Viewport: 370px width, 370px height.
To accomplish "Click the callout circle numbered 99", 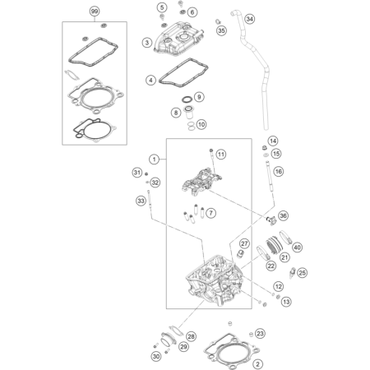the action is (x=95, y=12).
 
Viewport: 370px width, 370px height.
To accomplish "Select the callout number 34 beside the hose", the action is (x=249, y=19).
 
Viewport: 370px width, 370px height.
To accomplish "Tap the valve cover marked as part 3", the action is (x=178, y=38).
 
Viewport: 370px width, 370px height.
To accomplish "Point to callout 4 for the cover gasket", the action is (x=150, y=81).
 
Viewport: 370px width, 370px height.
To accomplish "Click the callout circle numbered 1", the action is (x=155, y=160).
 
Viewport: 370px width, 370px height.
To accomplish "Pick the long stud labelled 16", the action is (x=270, y=178).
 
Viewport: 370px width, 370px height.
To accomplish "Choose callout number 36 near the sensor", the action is (x=283, y=215).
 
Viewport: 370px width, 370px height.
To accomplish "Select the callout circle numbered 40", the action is (x=297, y=247).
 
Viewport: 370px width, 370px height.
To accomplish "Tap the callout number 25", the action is (x=302, y=273).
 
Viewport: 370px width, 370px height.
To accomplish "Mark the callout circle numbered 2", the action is (x=257, y=364).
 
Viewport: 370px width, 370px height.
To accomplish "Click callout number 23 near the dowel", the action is (x=260, y=334).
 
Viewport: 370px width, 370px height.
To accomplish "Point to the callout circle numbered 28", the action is (x=191, y=336).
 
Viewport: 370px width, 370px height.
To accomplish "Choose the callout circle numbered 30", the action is (x=156, y=356).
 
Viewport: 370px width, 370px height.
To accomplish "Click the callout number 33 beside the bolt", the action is (x=141, y=201).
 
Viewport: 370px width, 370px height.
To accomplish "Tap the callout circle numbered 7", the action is (x=210, y=213).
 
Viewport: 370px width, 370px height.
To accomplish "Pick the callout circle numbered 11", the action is (x=221, y=155).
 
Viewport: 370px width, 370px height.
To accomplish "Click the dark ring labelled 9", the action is (x=187, y=99).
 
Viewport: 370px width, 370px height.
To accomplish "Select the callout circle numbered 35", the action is (x=221, y=30).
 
